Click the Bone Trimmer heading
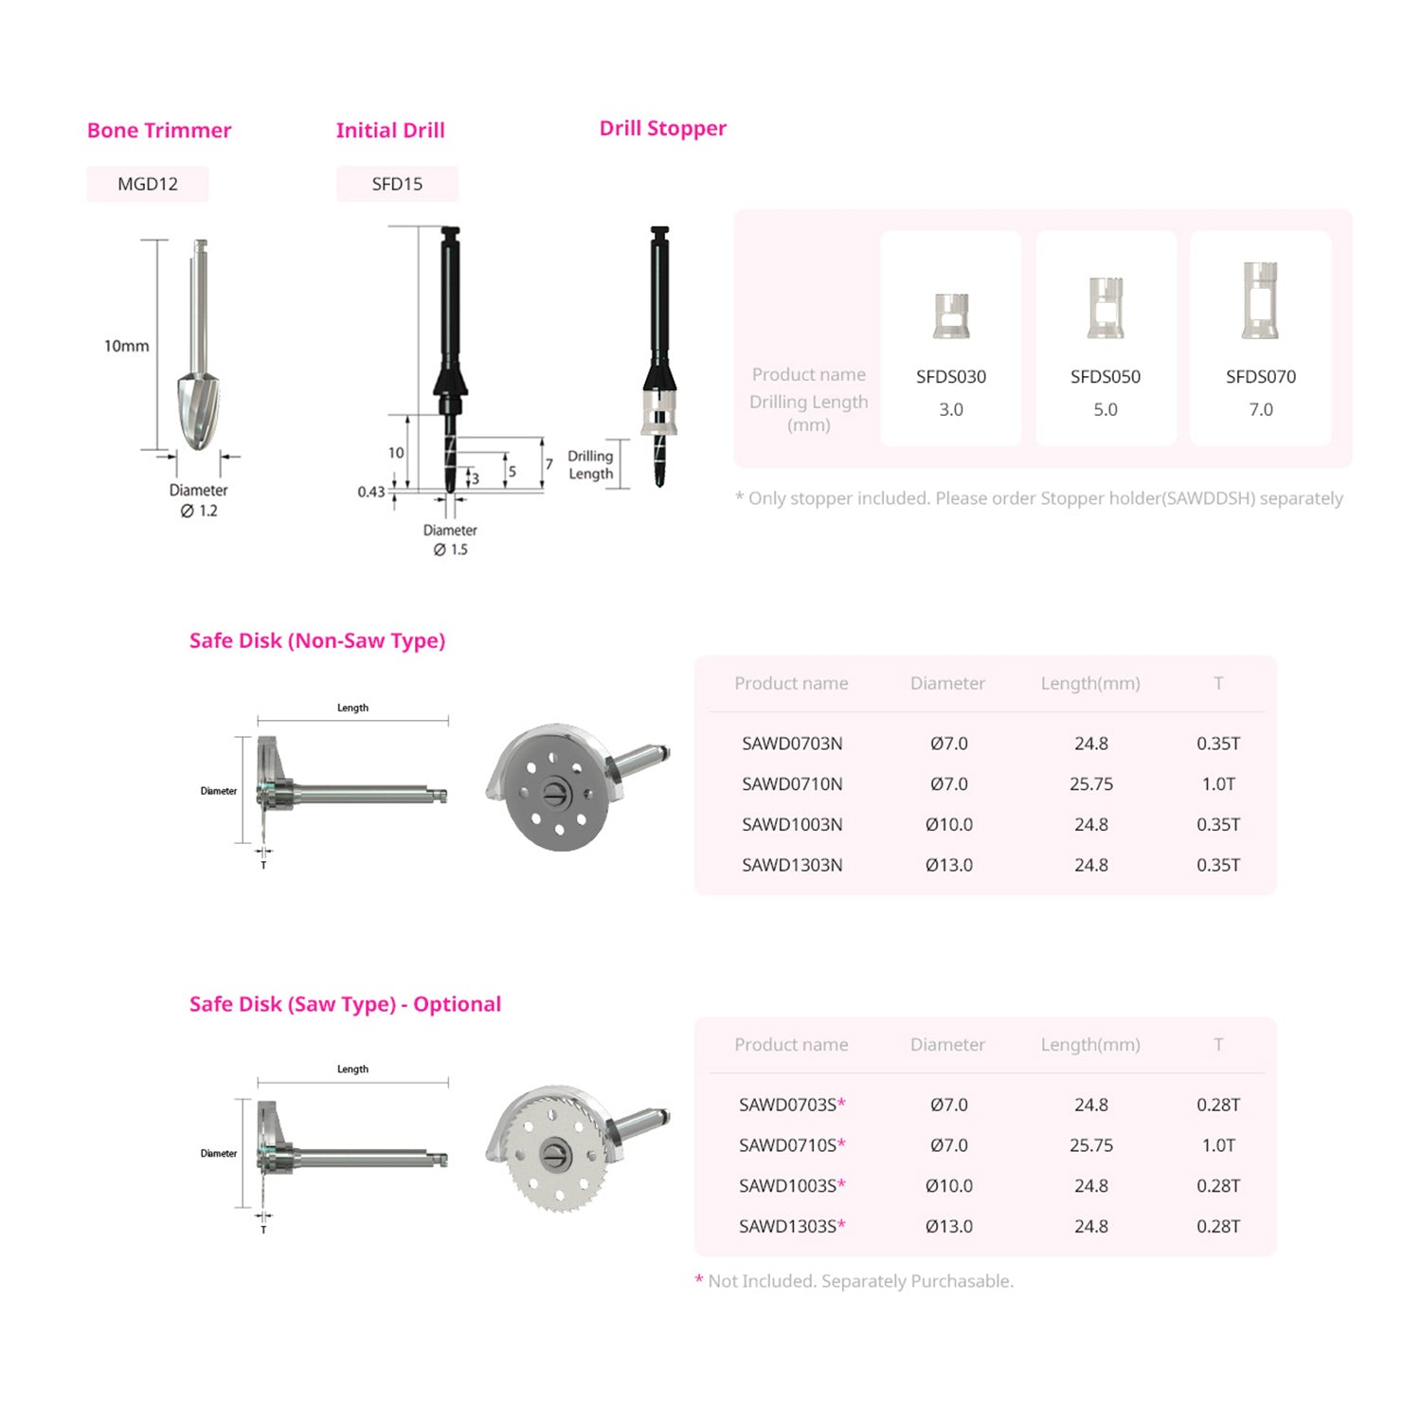[159, 131]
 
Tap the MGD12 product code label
[148, 184]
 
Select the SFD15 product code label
[397, 184]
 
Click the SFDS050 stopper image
[1106, 307]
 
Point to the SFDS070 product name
[1261, 377]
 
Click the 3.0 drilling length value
[951, 409]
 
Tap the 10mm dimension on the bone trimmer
[127, 346]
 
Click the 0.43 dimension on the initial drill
[371, 492]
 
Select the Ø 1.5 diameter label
[451, 549]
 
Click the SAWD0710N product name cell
[792, 784]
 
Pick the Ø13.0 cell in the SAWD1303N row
[949, 865]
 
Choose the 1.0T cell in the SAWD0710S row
[1218, 1145]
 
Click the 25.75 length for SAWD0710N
[1091, 784]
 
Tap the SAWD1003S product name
[792, 1186]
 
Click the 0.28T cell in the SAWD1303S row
[1218, 1227]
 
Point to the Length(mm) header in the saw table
[1090, 1045]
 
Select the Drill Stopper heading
[663, 129]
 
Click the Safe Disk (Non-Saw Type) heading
[317, 641]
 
